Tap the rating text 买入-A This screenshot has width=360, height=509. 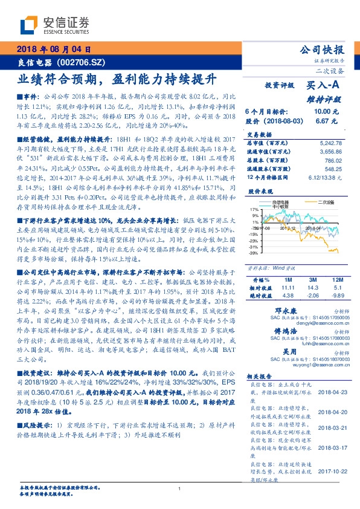(324, 86)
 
